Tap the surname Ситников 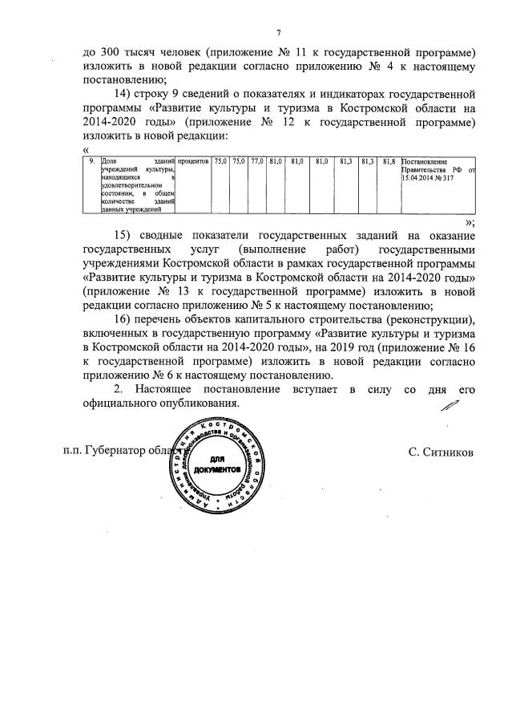tap(440, 452)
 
